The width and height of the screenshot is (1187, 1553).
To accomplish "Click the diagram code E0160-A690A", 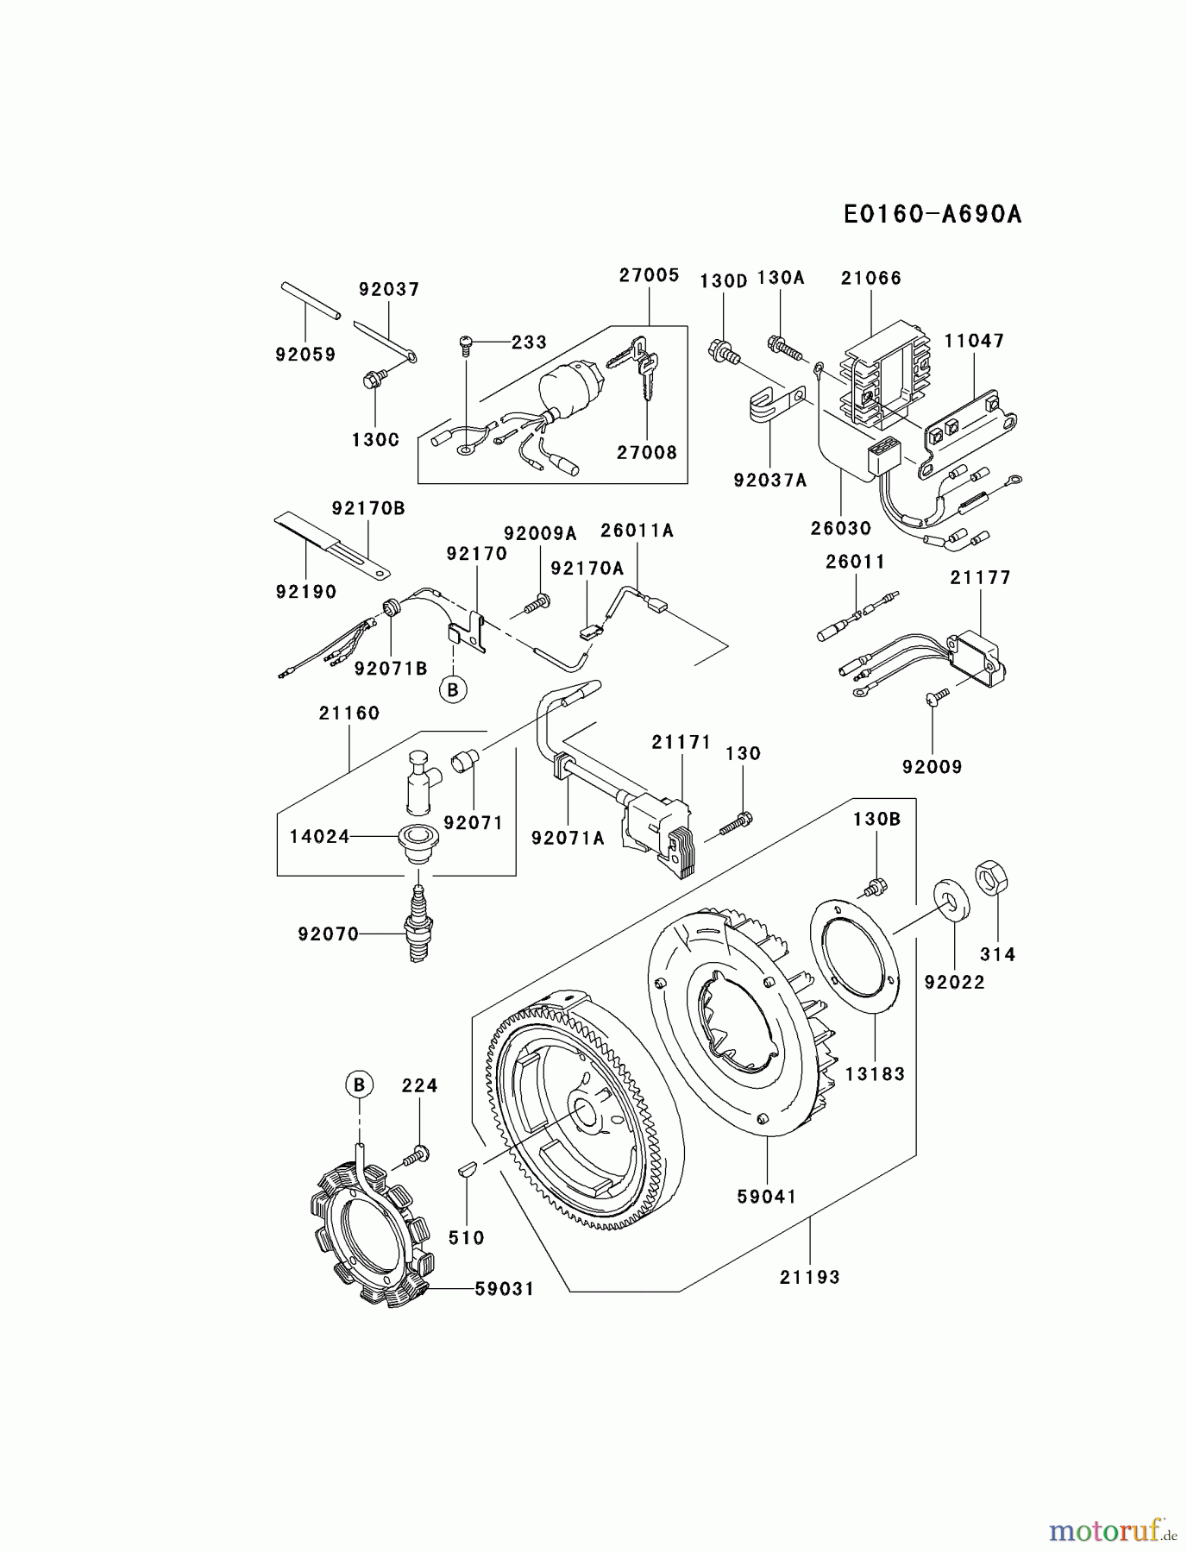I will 933,214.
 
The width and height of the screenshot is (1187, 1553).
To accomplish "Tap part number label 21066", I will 870,278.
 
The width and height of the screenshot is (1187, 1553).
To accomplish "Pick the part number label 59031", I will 505,1289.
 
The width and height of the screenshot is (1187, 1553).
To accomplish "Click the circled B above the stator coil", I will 360,1085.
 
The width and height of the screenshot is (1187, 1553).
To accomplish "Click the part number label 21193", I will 809,1277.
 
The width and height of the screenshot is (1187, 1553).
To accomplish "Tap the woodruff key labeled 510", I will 465,1172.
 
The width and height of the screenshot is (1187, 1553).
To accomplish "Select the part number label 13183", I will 875,1073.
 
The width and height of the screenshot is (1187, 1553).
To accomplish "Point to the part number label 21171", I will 681,742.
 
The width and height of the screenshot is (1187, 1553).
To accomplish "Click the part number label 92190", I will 306,592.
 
